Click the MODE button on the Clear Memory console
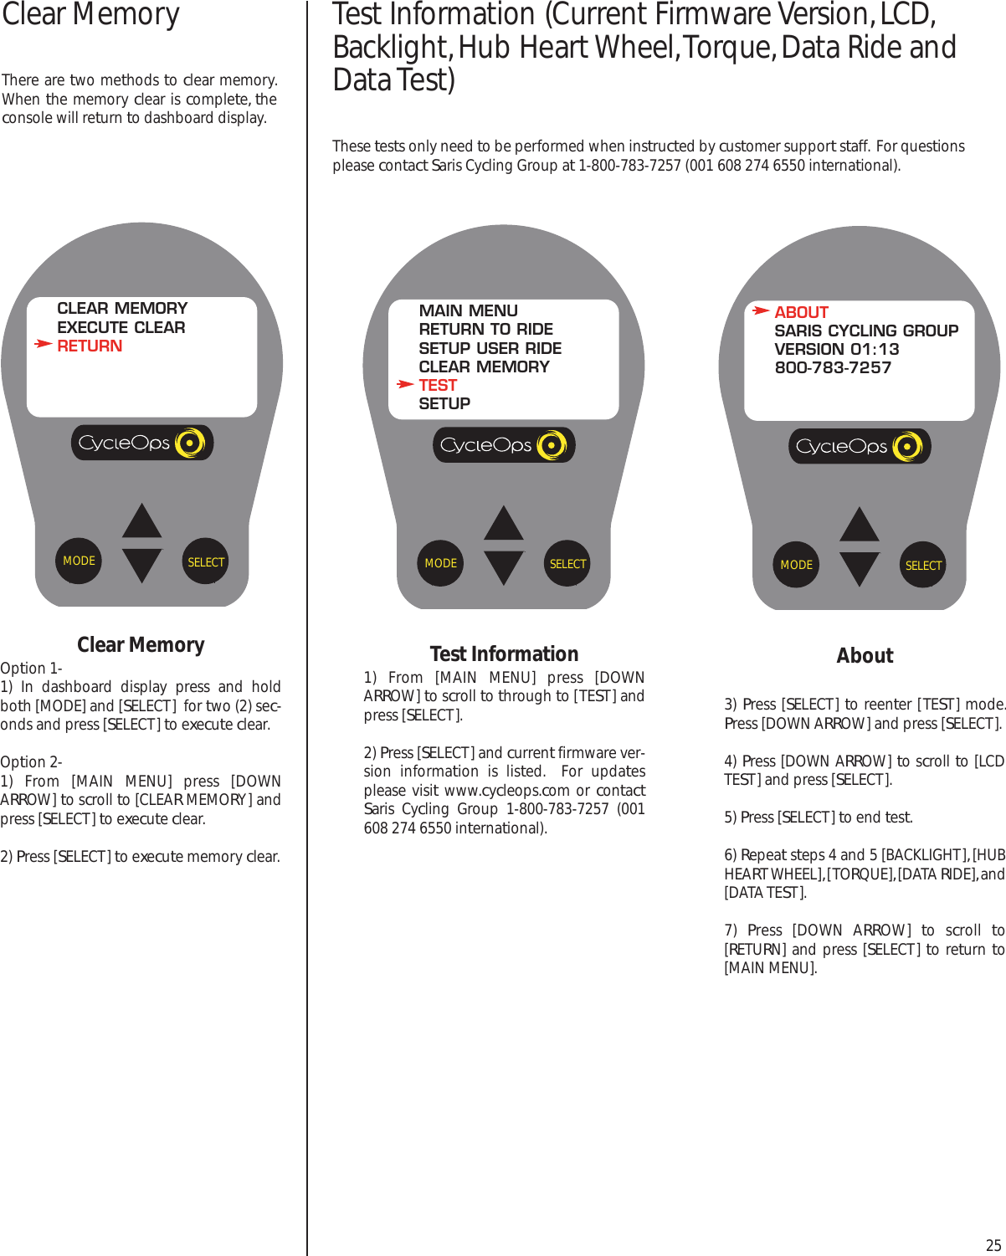[79, 561]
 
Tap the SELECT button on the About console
[923, 566]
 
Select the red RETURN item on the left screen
[90, 346]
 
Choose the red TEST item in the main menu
[438, 385]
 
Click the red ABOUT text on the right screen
[801, 312]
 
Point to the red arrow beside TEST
[405, 384]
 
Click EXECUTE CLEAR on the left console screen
[121, 327]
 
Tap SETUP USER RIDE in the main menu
[490, 348]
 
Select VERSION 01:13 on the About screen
[836, 349]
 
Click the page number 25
[993, 1244]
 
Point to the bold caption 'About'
[865, 656]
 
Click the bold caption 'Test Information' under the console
[504, 654]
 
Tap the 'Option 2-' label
[31, 762]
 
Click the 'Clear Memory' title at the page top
[90, 15]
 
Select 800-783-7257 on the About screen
[833, 367]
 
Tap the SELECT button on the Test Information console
[567, 564]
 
